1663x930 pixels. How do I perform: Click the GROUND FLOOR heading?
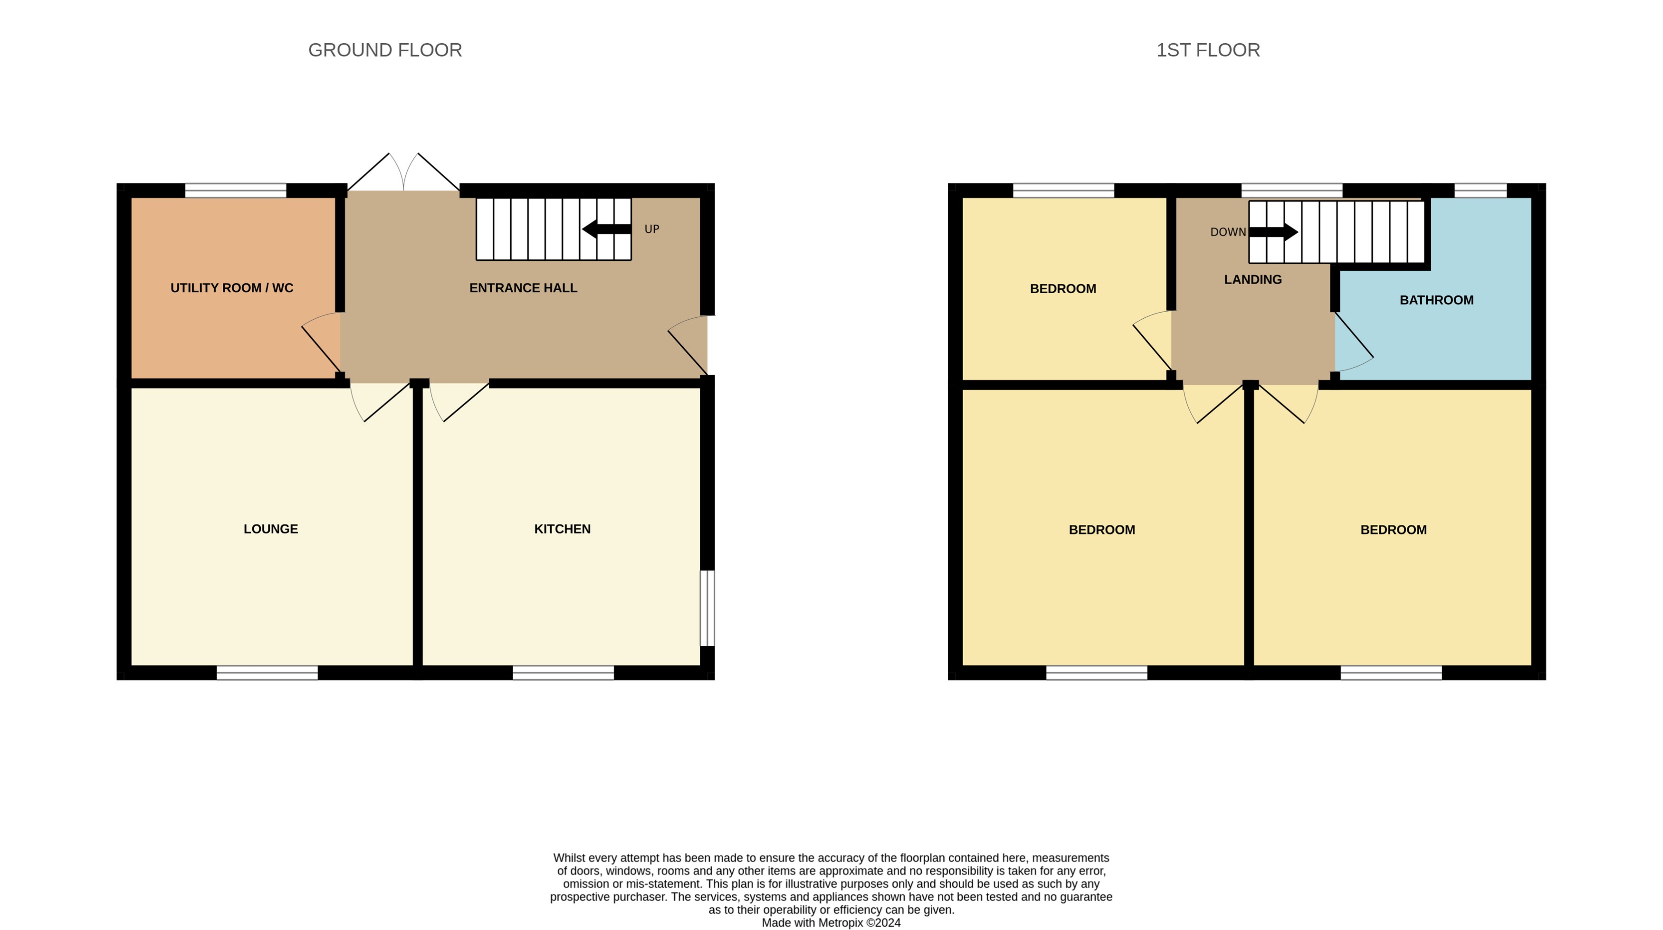tap(385, 50)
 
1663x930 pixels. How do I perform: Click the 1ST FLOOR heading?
tap(1207, 50)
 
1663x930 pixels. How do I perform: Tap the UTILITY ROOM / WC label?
tap(232, 288)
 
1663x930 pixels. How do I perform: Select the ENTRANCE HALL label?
tap(523, 288)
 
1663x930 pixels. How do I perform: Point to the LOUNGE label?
tap(270, 529)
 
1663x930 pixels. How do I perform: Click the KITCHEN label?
tap(562, 529)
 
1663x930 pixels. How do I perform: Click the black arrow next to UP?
tap(606, 229)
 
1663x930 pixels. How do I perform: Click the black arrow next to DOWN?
tap(1273, 232)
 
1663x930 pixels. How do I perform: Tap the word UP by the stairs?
tap(651, 229)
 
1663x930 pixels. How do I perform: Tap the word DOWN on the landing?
tap(1227, 232)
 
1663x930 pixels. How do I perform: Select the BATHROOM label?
tap(1436, 300)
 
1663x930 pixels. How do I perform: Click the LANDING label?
tap(1252, 279)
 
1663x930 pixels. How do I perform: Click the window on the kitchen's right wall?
tap(707, 608)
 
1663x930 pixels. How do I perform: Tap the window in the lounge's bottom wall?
tap(267, 673)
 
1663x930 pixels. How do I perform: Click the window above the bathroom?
tap(1480, 190)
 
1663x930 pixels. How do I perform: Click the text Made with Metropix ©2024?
tap(831, 923)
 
